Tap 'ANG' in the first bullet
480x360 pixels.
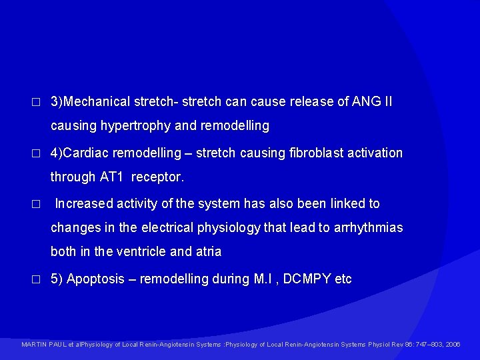point(361,102)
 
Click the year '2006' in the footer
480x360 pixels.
point(453,345)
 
